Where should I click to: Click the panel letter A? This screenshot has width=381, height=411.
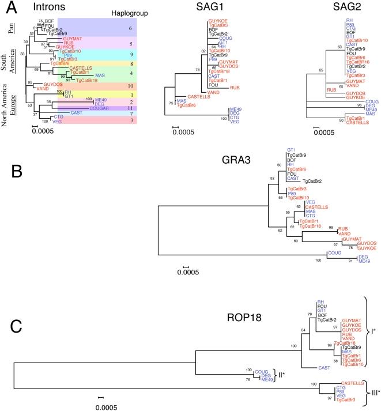click(x=8, y=8)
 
